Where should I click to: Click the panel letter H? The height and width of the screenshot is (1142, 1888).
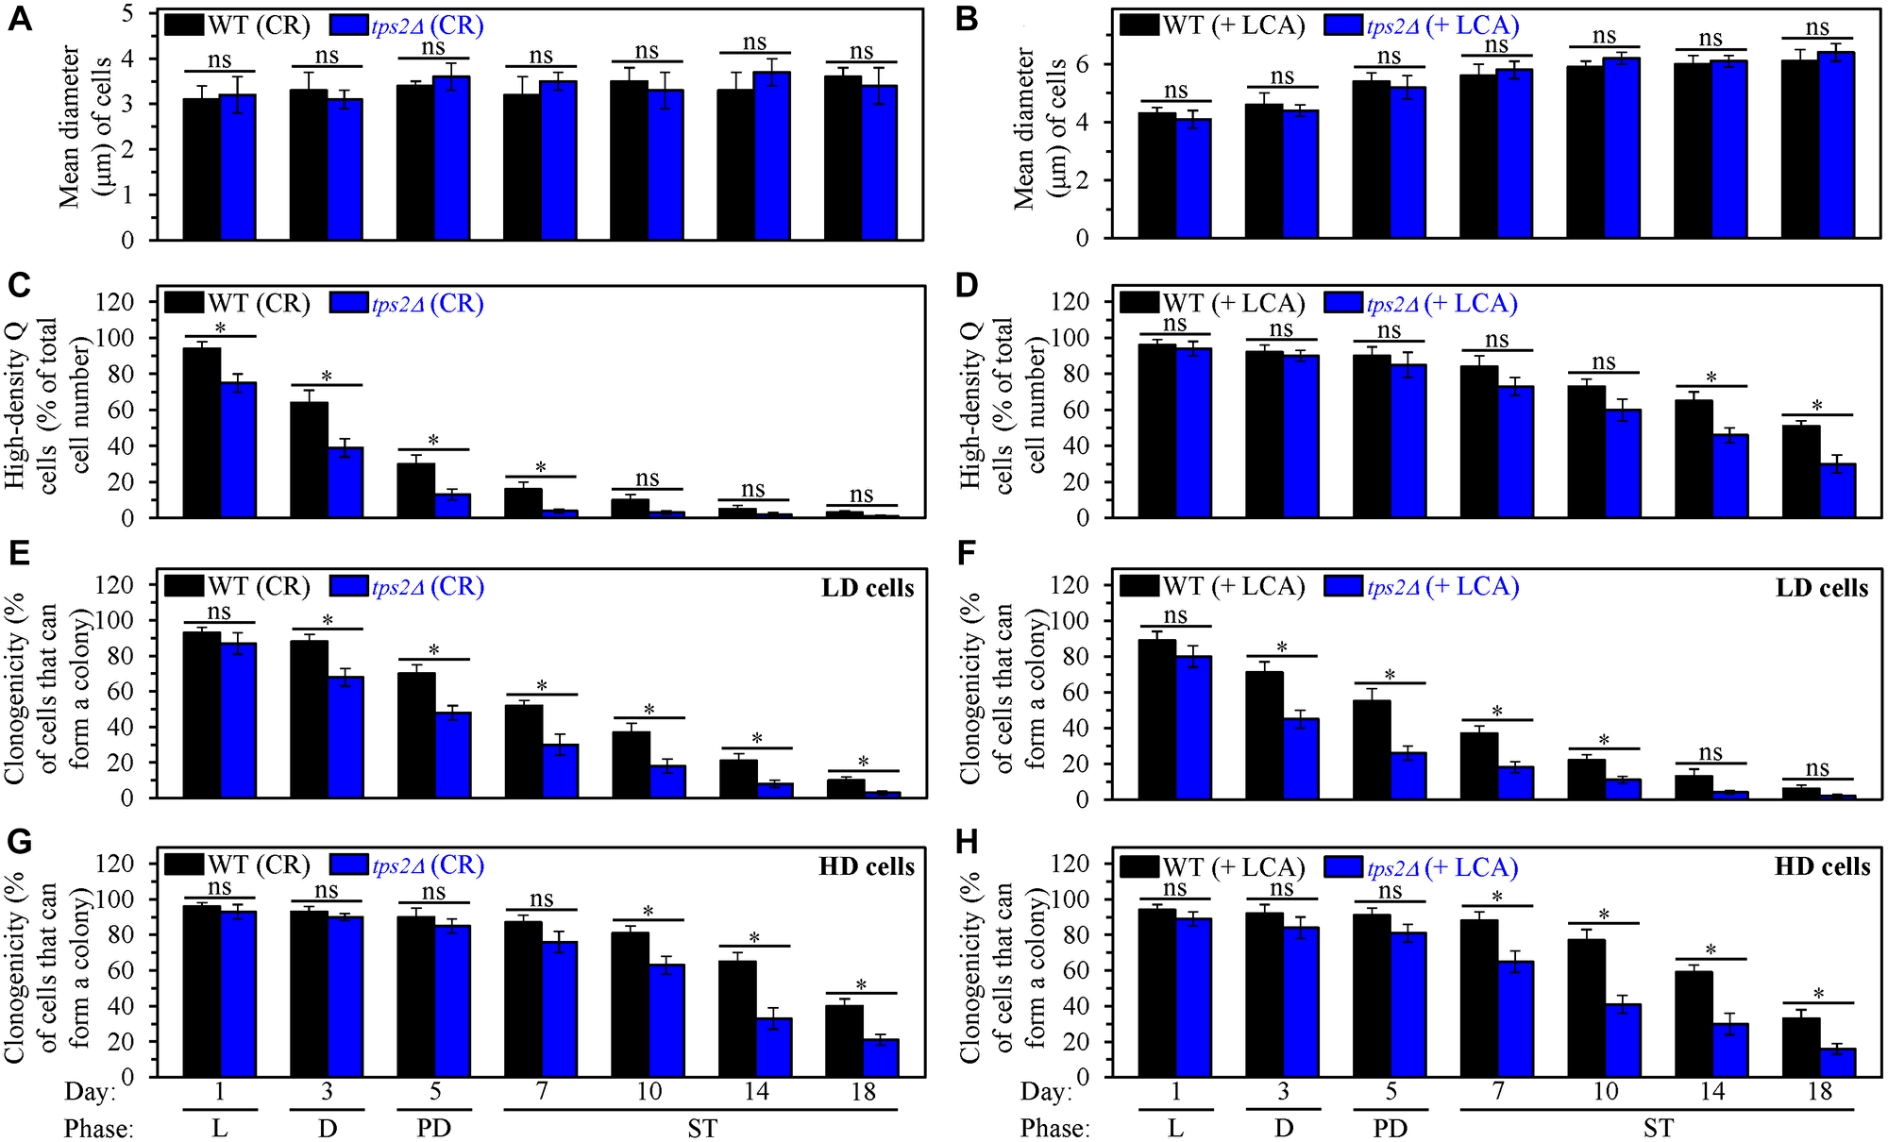pyautogui.click(x=968, y=842)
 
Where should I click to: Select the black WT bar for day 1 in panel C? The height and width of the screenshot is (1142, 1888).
pyautogui.click(x=201, y=432)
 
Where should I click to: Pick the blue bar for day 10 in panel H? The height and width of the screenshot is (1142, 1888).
pyautogui.click(x=1624, y=1040)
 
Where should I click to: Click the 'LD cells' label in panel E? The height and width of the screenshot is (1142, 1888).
pyautogui.click(x=868, y=589)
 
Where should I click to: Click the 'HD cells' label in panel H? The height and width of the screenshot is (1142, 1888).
pyautogui.click(x=1822, y=866)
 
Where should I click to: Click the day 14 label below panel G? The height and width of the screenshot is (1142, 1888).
pyautogui.click(x=756, y=1092)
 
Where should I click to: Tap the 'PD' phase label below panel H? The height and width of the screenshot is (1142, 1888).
pyautogui.click(x=1391, y=1129)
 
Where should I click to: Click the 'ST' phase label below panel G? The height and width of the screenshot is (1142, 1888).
pyautogui.click(x=701, y=1129)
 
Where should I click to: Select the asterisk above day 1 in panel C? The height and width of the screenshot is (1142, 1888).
pyautogui.click(x=220, y=327)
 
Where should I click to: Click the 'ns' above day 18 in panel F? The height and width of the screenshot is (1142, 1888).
pyautogui.click(x=1817, y=768)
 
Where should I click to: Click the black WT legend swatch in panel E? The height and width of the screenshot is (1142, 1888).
pyautogui.click(x=183, y=586)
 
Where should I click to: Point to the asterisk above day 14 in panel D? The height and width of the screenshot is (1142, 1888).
pyautogui.click(x=1711, y=378)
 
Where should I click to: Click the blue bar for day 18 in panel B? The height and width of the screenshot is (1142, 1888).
pyautogui.click(x=1836, y=144)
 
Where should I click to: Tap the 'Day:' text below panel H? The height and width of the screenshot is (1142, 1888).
pyautogui.click(x=1046, y=1092)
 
